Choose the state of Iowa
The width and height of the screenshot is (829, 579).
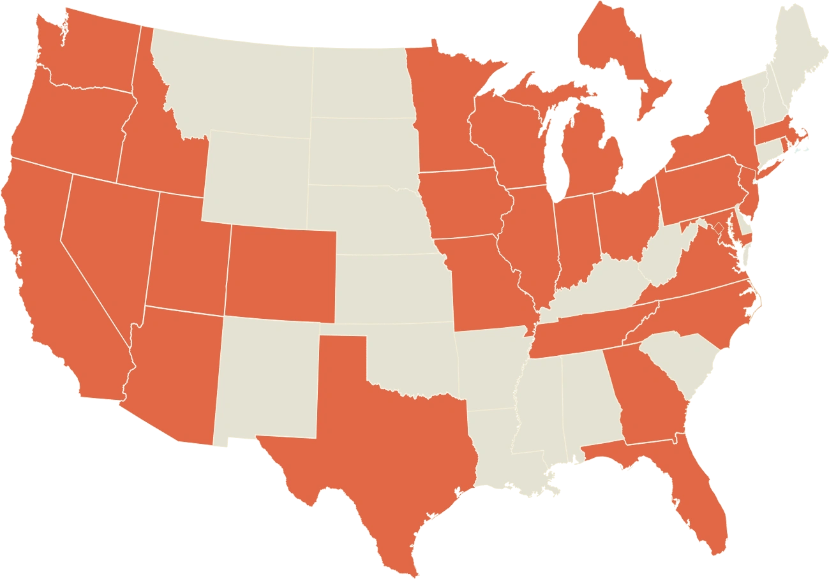[x=466, y=204]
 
